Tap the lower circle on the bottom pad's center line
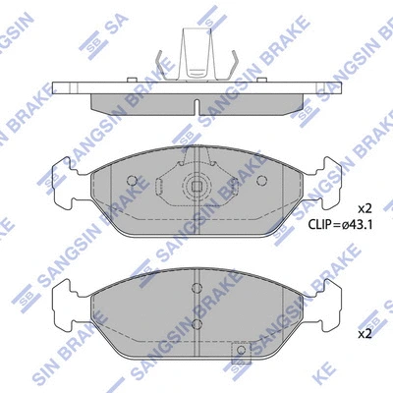pos(196,323)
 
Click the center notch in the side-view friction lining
pos(196,105)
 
